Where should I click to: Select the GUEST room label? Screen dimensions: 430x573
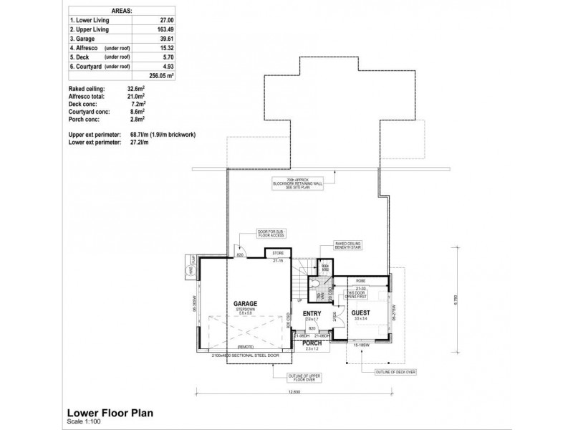(361, 314)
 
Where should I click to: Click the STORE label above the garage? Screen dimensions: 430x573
(278, 254)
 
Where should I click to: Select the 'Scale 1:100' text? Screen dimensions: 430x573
(84, 421)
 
